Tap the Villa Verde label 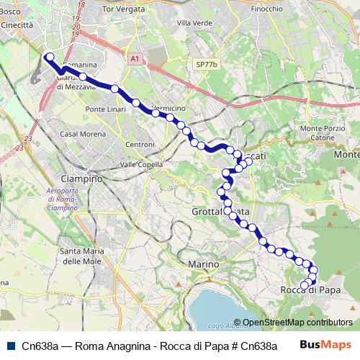point(192,23)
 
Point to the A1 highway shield point(136,59)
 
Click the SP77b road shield point(205,64)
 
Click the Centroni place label point(140,145)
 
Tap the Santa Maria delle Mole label point(82,256)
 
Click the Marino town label point(203,264)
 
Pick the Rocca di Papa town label point(310,290)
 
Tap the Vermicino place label point(169,108)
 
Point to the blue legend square point(9,345)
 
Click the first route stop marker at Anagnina point(48,56)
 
